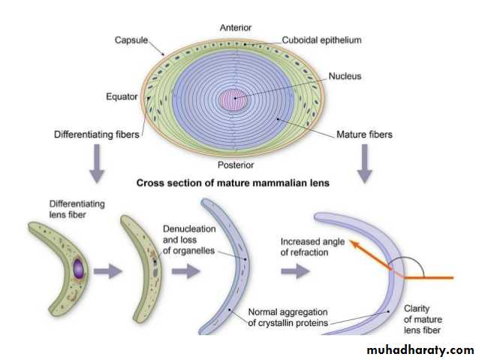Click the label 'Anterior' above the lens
(236, 28)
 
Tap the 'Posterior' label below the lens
(236, 165)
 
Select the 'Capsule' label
(132, 39)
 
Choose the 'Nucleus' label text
(345, 76)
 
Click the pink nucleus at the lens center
(233, 99)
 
